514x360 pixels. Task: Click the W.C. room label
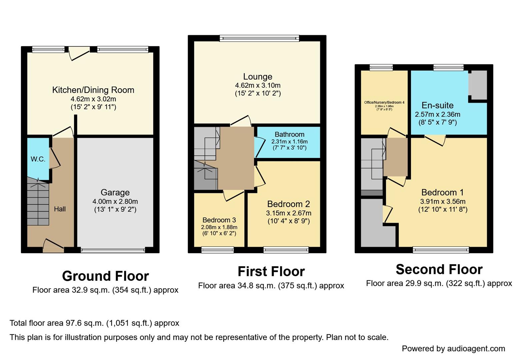tap(38, 159)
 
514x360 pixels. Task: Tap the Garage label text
tap(115, 192)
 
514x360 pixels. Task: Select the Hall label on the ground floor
tap(60, 209)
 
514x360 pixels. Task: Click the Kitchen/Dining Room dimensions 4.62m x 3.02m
tap(93, 99)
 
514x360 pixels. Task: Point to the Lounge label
tap(257, 77)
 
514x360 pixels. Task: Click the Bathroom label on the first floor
tap(289, 134)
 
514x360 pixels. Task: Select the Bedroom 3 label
tap(219, 220)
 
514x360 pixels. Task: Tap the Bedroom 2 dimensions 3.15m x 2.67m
tap(288, 213)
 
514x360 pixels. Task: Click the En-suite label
tap(437, 105)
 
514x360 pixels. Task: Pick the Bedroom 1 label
tap(442, 192)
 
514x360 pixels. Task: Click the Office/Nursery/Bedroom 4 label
tap(384, 102)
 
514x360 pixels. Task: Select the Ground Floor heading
tap(105, 276)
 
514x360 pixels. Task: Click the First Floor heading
tap(271, 271)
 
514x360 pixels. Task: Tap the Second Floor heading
tap(439, 269)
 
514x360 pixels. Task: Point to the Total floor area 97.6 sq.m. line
tap(94, 323)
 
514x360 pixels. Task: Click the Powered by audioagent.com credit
tap(453, 349)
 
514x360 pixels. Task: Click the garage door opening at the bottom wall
tap(113, 250)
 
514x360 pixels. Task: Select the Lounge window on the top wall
tap(259, 38)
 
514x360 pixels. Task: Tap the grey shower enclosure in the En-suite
tap(478, 85)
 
